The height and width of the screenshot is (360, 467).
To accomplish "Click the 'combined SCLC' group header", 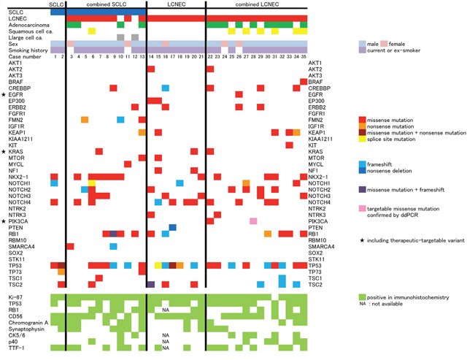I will pyautogui.click(x=105, y=5).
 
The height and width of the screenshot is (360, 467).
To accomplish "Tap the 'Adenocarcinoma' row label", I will pyautogui.click(x=26, y=24).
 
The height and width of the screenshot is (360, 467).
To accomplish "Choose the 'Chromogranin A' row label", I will pyautogui.click(x=27, y=321).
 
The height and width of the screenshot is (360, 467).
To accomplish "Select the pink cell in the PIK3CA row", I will pyautogui.click(x=253, y=221).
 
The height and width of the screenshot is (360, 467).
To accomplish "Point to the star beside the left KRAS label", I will pyautogui.click(x=4, y=151).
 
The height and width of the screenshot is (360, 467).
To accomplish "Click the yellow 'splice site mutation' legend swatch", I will pyautogui.click(x=362, y=139).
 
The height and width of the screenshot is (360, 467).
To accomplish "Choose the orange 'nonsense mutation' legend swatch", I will pyautogui.click(x=362, y=125).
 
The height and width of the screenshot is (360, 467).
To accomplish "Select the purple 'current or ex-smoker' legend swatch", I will pyautogui.click(x=363, y=51).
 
